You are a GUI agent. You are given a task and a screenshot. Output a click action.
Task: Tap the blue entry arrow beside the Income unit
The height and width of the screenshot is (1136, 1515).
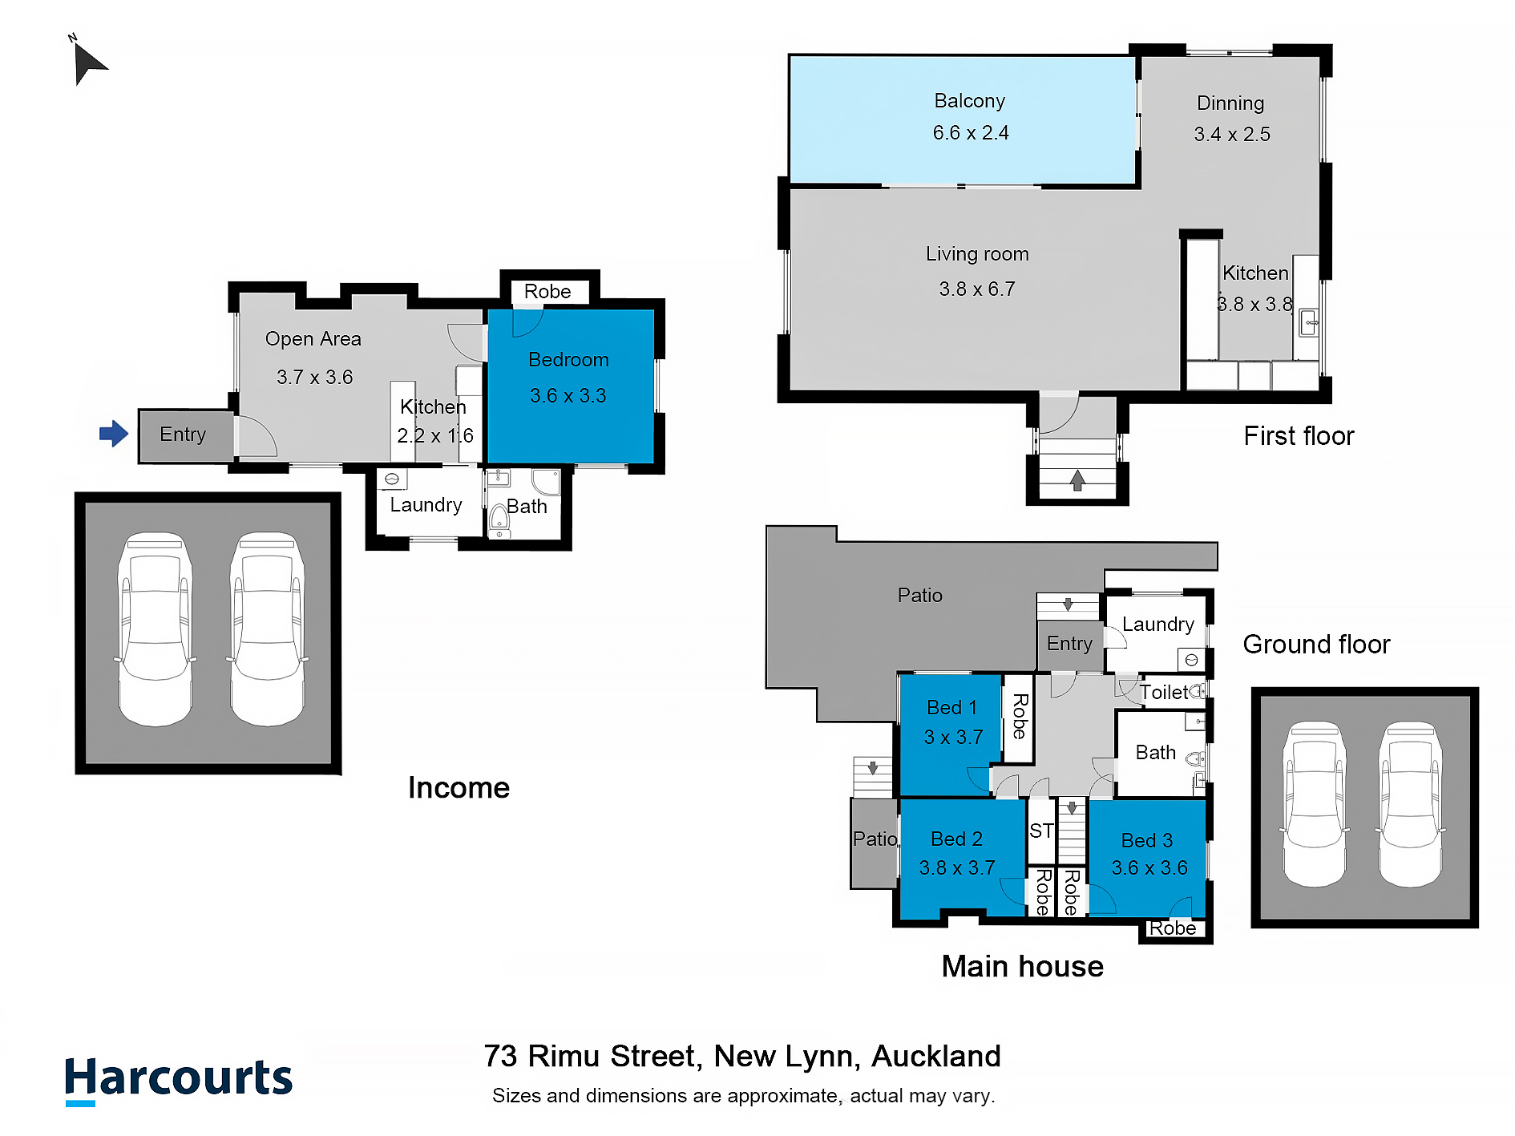click(114, 434)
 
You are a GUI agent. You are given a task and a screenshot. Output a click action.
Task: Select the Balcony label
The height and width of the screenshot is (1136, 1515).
click(969, 101)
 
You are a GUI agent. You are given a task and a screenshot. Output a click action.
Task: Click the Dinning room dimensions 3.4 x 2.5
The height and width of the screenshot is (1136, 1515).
click(1232, 135)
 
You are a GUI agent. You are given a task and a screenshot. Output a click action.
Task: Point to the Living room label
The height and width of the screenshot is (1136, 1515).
click(977, 254)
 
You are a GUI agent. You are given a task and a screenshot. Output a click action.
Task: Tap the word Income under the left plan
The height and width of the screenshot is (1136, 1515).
click(459, 788)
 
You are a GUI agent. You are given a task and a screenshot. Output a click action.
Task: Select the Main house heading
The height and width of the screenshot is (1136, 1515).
click(1022, 967)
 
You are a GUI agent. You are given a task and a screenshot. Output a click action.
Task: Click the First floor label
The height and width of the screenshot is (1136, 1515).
click(1299, 436)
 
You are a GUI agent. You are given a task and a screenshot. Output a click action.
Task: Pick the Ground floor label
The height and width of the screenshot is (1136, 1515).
click(1316, 645)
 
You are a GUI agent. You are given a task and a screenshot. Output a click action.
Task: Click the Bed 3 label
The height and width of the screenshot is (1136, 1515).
click(1146, 841)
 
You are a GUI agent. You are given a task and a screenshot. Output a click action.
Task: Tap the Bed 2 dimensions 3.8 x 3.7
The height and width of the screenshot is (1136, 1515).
click(957, 868)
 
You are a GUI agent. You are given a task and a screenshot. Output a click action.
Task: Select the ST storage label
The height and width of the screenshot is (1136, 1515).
click(1041, 831)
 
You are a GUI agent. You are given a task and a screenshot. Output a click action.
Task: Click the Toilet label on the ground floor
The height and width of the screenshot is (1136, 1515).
click(1164, 693)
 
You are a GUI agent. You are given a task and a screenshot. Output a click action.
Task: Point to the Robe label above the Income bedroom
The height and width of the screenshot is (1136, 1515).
click(547, 292)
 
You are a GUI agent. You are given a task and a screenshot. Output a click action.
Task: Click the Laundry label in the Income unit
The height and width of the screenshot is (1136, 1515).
click(426, 505)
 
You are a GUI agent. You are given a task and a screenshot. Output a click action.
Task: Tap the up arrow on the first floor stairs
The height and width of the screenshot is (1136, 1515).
click(1077, 480)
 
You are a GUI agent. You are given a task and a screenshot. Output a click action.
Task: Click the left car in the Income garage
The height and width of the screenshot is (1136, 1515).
click(156, 629)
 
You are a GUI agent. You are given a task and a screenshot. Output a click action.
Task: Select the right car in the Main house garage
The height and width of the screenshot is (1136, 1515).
click(1410, 804)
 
